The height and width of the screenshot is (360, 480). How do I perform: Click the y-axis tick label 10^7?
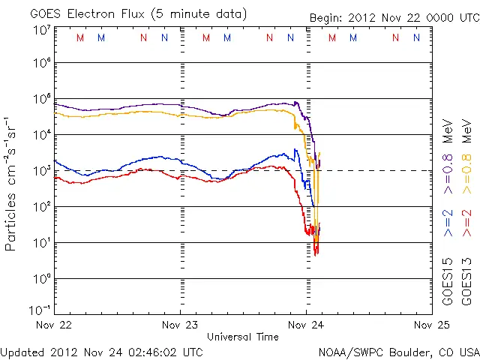coord(41,30)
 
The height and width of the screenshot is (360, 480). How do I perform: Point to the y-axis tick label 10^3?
coord(41,170)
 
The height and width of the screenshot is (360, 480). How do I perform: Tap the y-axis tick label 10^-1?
coord(41,310)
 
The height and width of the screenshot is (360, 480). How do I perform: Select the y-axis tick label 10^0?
coord(41,278)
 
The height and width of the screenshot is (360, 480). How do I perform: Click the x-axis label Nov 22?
coord(56,325)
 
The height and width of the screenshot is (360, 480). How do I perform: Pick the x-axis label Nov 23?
coord(181,325)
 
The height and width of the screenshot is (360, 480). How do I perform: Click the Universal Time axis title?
coord(243,337)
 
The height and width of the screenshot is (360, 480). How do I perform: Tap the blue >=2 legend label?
coord(448,222)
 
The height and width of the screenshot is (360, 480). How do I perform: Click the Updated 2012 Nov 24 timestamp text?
coord(101,351)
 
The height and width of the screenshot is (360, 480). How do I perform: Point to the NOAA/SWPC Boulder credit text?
coord(398,351)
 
